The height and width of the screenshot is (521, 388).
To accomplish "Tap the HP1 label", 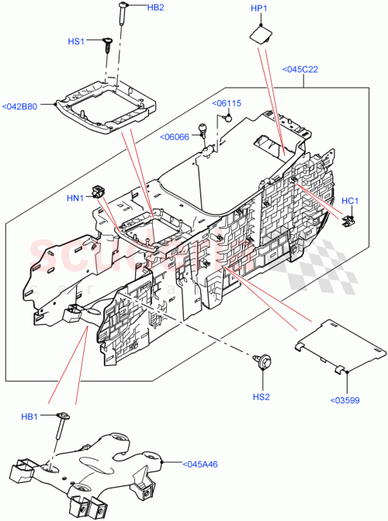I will (258, 9).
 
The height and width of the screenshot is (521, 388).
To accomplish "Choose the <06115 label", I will (227, 103).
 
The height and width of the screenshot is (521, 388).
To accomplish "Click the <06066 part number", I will (175, 137).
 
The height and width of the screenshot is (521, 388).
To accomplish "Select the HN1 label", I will (74, 198).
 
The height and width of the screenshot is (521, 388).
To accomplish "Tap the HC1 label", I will (350, 202).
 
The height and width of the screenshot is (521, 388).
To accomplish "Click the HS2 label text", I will (261, 397).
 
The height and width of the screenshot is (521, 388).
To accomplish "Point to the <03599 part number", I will (345, 400).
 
